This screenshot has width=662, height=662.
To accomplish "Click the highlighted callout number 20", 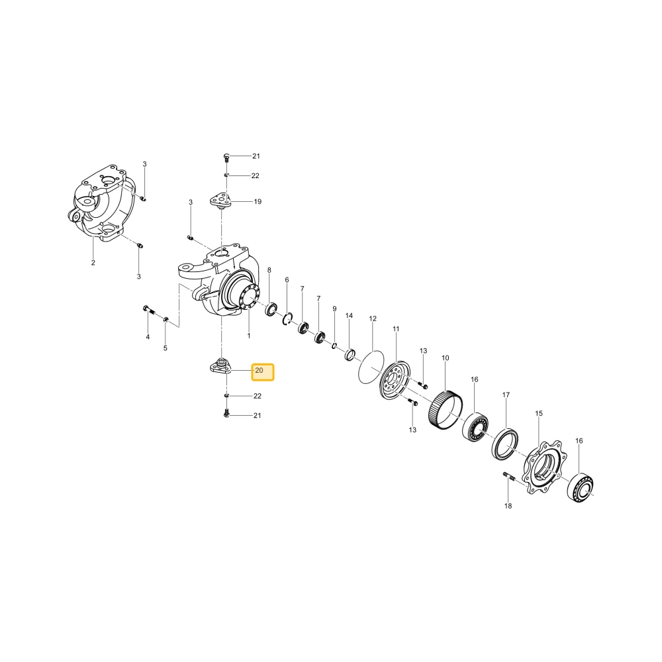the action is (x=259, y=370).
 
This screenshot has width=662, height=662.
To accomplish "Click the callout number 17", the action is (x=506, y=395).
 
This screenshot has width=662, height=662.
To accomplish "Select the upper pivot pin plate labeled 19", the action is (x=221, y=201).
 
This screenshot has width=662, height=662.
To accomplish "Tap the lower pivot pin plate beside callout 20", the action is (x=221, y=367).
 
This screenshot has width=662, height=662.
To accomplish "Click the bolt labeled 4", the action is (x=149, y=310).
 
